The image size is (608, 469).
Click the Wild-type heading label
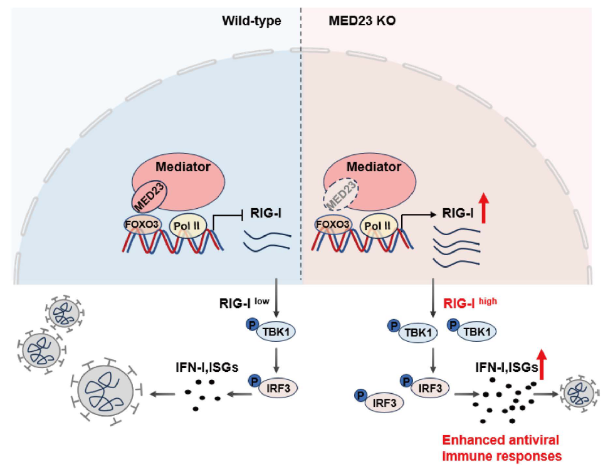(x=251, y=21)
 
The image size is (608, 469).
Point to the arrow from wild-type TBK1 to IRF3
(x=276, y=361)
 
